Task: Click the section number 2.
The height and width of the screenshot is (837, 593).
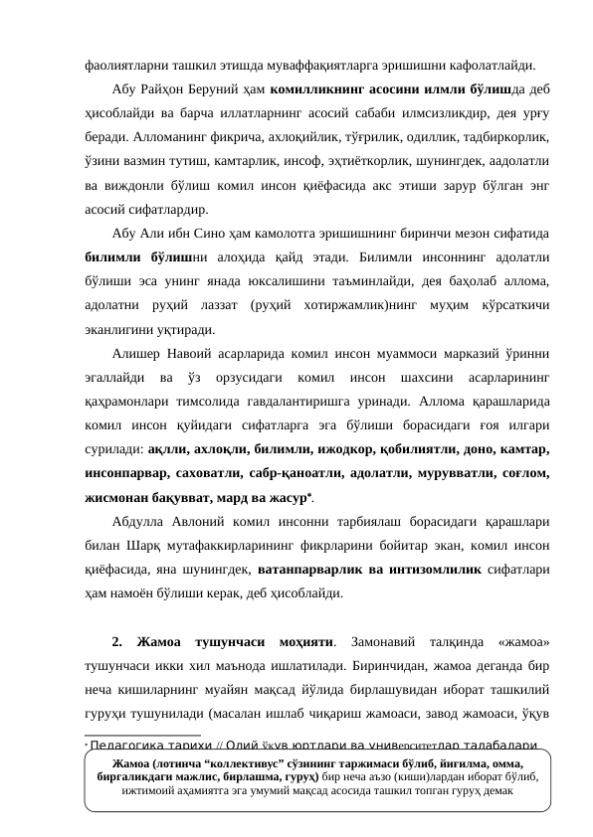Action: [x=117, y=640]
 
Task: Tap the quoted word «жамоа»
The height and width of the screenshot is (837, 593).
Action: [x=521, y=640]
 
